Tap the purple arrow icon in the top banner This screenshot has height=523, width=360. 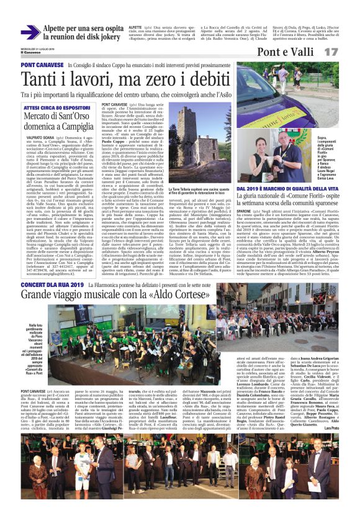30,32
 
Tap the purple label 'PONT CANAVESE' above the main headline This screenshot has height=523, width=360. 40,65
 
